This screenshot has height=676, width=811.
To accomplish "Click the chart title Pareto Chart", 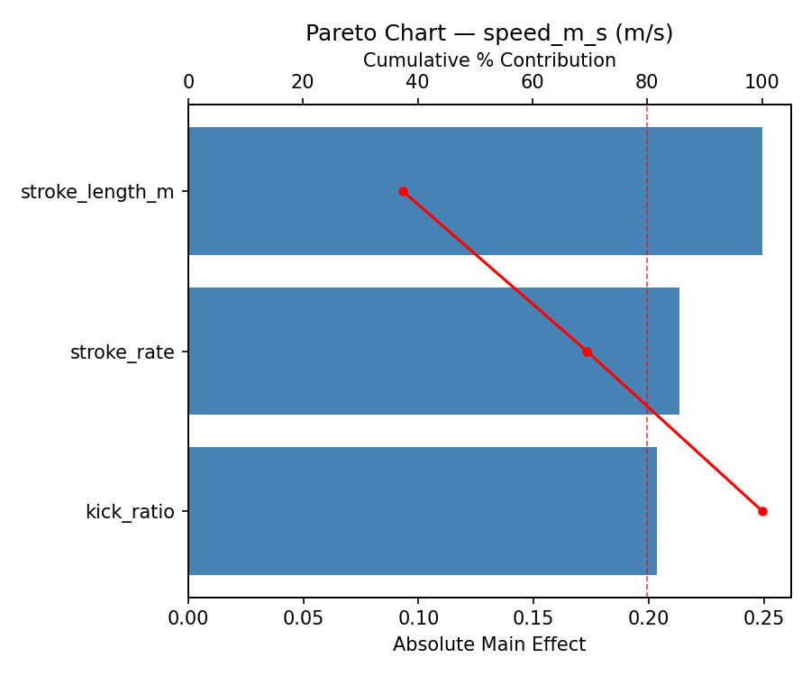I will point(489,33).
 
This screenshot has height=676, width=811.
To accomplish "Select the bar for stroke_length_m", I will point(475,191).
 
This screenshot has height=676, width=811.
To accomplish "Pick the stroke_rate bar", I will point(433,351).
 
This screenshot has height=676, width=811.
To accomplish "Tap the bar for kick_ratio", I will point(422,511).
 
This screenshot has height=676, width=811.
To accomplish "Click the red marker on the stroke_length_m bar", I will point(403,191).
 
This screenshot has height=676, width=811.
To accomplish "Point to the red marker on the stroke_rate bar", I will point(587,352).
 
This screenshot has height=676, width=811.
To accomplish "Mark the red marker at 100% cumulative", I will point(762,511).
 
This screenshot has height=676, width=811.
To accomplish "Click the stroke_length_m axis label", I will point(97,191).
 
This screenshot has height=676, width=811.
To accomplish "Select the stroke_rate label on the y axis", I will point(123,352).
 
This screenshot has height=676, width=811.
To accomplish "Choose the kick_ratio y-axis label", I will point(130,511).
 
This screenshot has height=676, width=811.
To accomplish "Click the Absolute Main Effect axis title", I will point(489,644).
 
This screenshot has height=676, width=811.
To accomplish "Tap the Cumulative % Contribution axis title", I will point(489,60).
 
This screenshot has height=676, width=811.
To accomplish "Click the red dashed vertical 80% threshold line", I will point(647,270).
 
